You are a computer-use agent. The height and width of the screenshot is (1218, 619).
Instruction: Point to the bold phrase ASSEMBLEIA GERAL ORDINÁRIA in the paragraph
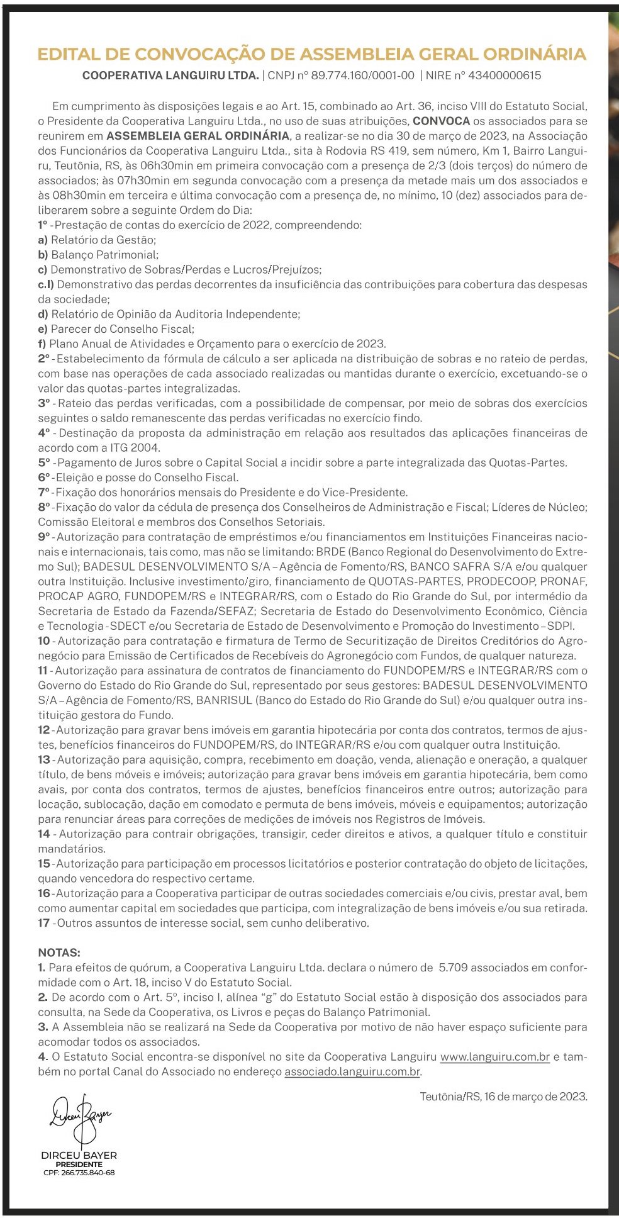tap(198, 136)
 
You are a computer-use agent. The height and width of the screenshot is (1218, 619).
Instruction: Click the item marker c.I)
tap(46, 284)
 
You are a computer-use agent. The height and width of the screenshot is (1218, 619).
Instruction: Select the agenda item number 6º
tap(43, 478)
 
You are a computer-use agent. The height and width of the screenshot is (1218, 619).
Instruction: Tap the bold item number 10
tap(43, 640)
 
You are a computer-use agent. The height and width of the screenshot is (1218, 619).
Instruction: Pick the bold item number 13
tap(43, 759)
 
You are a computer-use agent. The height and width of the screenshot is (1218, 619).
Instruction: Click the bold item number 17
tap(43, 923)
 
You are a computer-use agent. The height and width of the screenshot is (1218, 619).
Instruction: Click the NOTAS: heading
tap(59, 953)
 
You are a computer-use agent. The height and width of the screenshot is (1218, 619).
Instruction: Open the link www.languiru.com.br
tap(495, 1057)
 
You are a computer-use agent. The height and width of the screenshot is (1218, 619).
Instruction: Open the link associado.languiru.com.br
tap(352, 1071)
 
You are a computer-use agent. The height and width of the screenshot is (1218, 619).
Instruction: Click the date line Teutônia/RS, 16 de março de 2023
tap(503, 1096)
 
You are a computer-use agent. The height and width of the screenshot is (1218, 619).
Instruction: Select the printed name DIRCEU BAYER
tap(79, 1155)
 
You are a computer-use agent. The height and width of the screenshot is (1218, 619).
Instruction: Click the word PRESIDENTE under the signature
tap(79, 1164)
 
